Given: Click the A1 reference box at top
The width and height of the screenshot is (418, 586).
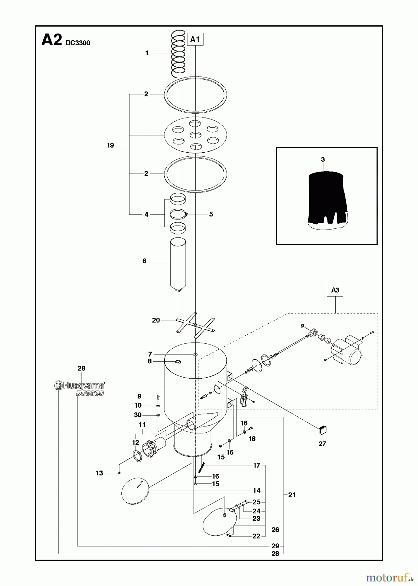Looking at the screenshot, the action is coord(195,39).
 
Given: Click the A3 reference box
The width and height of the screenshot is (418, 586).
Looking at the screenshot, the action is coord(335,290).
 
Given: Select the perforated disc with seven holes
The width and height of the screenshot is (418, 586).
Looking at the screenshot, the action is coord(195,134).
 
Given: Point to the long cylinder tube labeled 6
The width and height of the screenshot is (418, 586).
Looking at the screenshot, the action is coord(178,265).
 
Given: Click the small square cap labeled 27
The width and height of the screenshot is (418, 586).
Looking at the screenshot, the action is coord(322,430).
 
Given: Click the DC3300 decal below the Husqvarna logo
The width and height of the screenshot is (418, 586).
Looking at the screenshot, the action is coord(90,393).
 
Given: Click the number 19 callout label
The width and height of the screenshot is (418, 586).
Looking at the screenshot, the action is coord(110,145).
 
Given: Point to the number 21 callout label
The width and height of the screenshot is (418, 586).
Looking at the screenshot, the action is coord(292,495).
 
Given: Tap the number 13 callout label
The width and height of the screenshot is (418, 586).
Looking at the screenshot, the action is coord(99,473).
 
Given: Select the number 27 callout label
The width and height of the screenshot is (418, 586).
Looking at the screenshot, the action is coord(322,444).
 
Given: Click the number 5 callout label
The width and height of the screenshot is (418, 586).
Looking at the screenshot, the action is coord(211,214).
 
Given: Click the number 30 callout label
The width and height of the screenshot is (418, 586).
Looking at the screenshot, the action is coord(138,415).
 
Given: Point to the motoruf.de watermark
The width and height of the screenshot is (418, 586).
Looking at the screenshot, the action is coord(387,578).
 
